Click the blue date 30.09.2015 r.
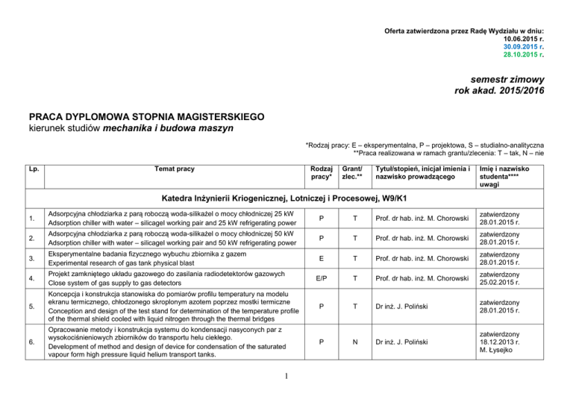point(522,46)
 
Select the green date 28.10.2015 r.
point(522,54)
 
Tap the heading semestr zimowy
point(505,81)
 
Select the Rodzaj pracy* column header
point(321,174)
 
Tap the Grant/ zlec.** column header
point(351,174)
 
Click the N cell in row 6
point(351,342)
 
